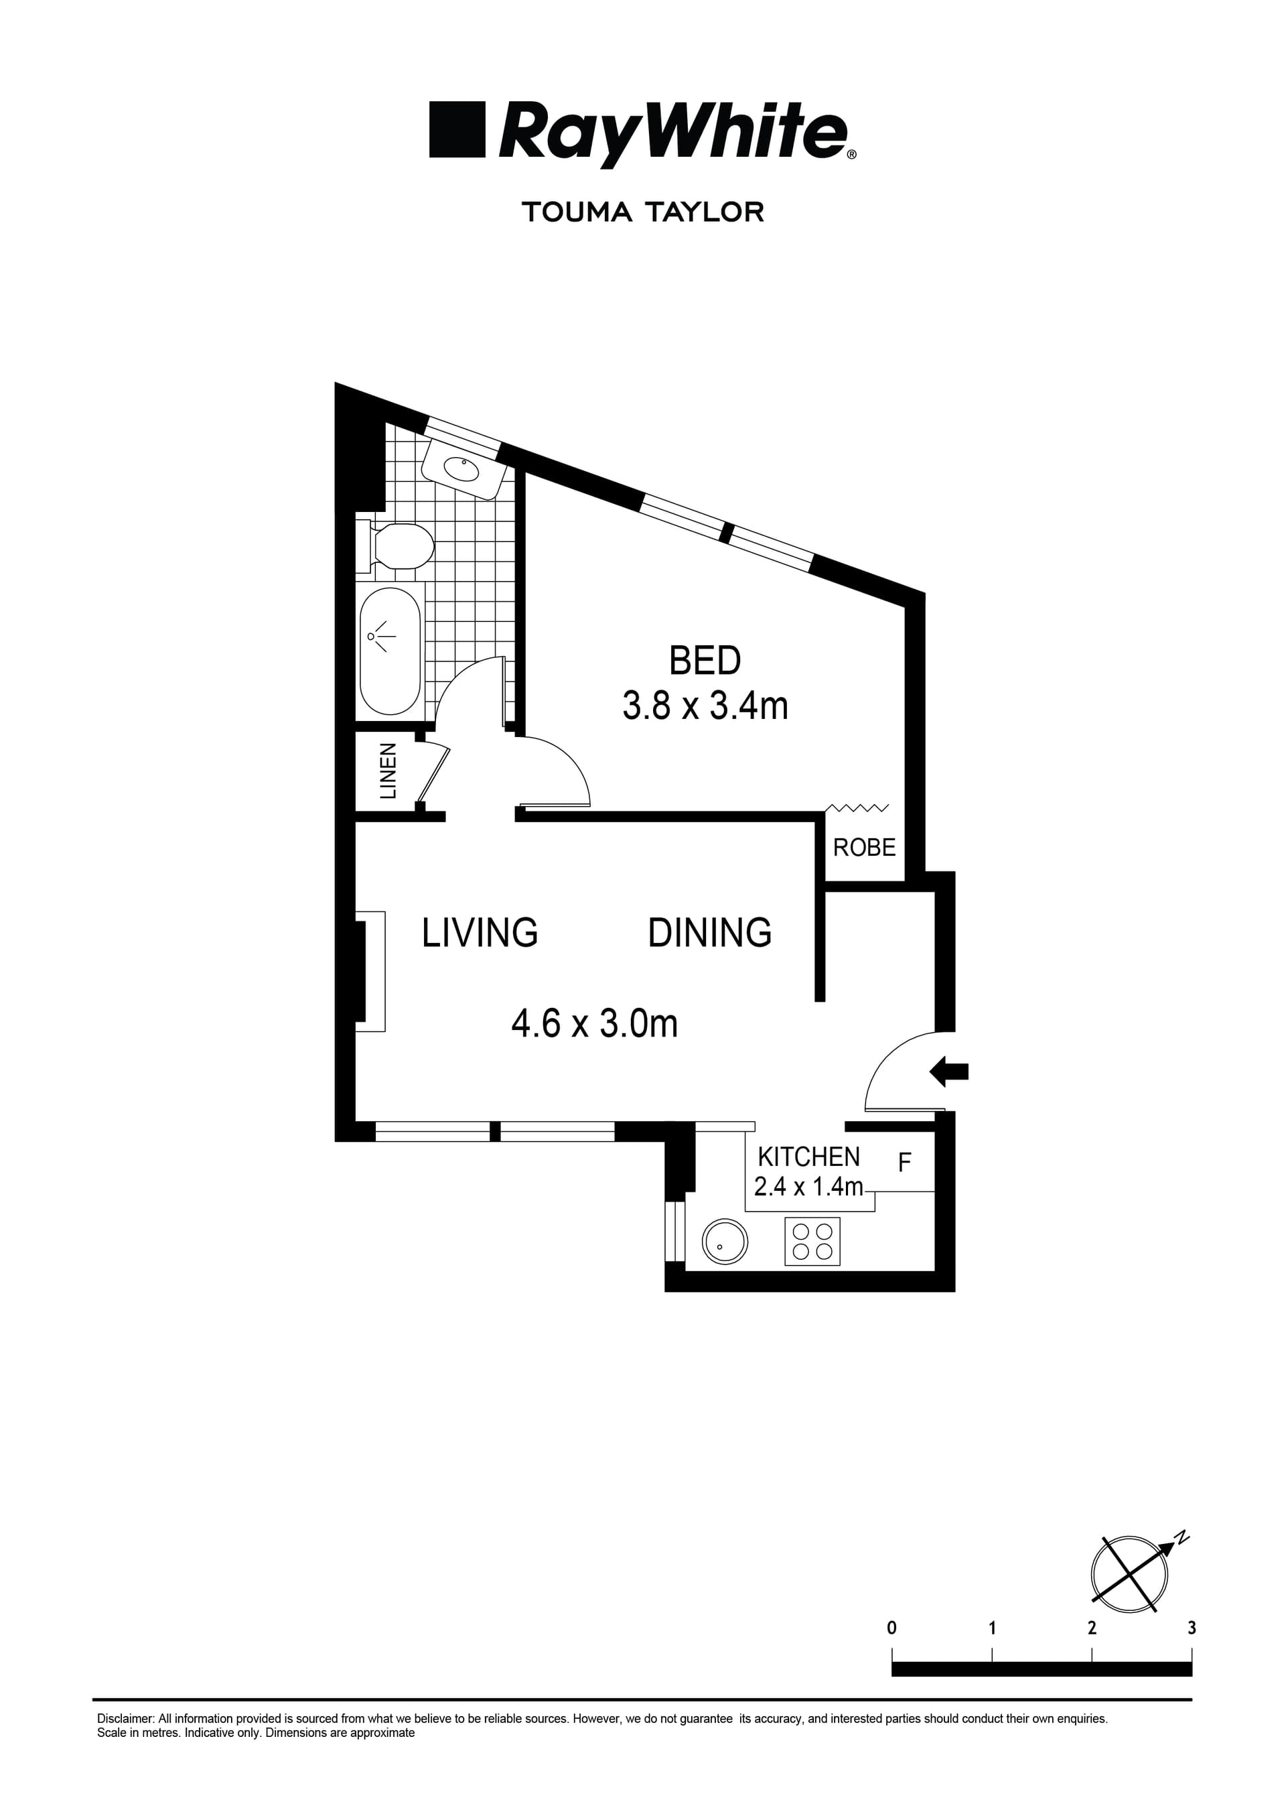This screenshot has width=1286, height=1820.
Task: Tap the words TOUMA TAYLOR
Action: (642, 212)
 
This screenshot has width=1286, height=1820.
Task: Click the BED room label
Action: (705, 660)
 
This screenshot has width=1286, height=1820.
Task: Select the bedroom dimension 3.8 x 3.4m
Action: (705, 706)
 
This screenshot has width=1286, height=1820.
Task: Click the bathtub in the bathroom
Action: (390, 651)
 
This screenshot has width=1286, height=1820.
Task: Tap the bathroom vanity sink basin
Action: (461, 469)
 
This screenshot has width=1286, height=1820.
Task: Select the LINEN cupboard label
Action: (388, 771)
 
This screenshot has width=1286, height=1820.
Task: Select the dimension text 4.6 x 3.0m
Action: (594, 1023)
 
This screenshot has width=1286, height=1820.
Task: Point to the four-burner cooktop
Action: (812, 1241)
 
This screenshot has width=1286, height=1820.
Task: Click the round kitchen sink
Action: (724, 1241)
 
